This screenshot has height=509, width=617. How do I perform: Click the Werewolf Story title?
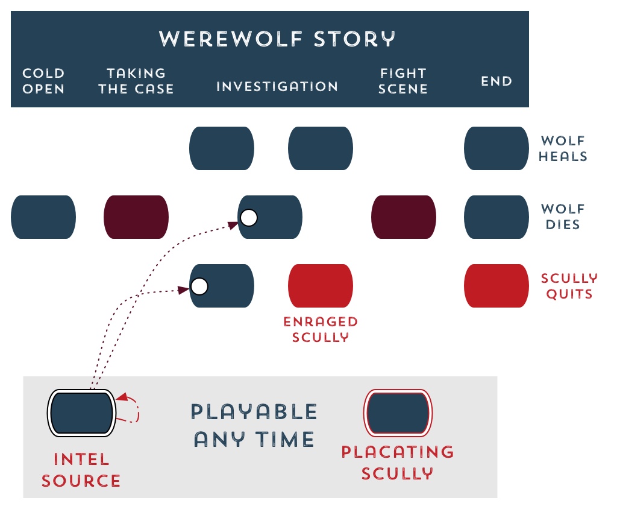277,39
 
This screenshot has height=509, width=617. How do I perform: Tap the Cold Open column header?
43,81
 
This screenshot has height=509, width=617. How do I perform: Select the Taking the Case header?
136,81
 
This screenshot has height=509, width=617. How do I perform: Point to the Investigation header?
277,86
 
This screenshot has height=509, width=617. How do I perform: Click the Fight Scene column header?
403,81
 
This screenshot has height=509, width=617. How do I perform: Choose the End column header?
496,81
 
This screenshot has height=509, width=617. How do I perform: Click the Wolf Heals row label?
563,148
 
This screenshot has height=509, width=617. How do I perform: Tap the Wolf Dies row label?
563,217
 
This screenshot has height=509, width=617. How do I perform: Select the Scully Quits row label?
569,286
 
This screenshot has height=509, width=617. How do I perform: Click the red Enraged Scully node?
321,286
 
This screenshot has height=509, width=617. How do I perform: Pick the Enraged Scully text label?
321,329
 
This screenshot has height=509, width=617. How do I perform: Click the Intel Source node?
81,413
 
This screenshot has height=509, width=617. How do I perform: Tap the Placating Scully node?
398,413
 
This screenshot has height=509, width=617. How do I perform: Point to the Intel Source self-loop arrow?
134,409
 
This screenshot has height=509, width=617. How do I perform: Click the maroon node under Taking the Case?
136,217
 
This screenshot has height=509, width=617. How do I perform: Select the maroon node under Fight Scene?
403,217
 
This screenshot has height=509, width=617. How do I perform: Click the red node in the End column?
496,286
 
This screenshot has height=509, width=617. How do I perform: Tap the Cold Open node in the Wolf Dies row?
43,217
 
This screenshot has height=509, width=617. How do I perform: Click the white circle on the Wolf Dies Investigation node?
248,217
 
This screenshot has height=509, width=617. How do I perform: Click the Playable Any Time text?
254,425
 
